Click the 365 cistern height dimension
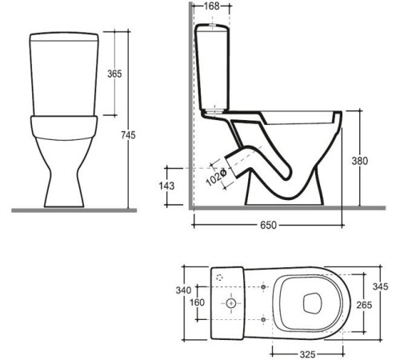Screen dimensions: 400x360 point(114,74)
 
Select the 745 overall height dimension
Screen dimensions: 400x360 point(128,135)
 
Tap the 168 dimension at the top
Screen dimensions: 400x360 point(211,6)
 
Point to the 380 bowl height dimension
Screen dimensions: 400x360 point(360,161)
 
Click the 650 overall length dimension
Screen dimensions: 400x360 point(269,226)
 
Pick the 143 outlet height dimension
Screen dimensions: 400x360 point(166,186)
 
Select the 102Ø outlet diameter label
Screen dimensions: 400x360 point(217,177)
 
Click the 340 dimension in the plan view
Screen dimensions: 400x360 point(183,290)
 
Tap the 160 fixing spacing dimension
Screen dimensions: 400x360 point(197,302)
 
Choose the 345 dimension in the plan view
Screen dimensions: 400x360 point(380,286)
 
